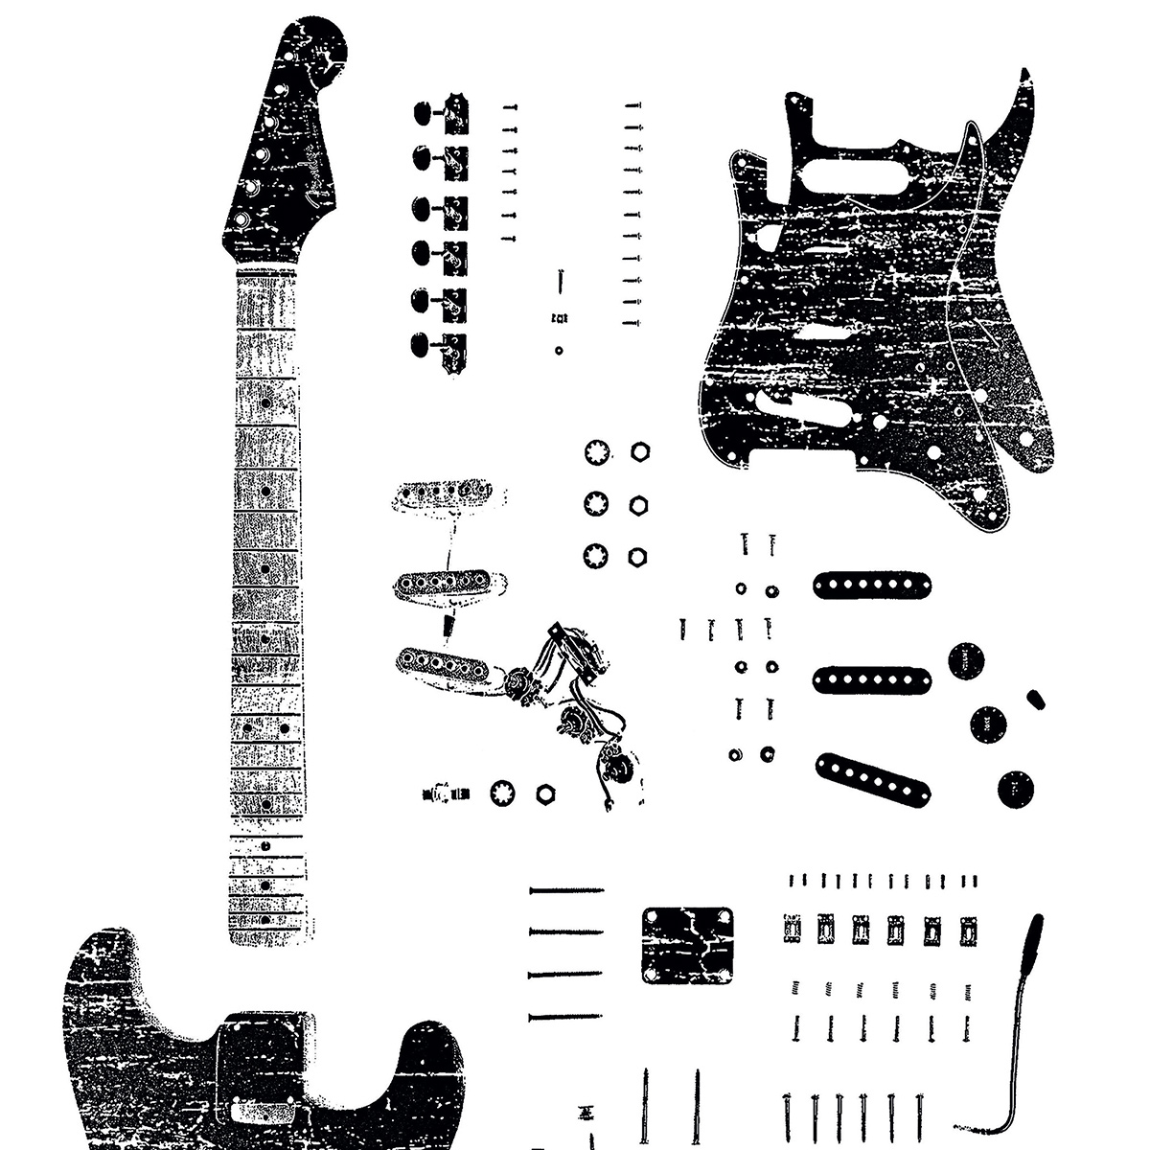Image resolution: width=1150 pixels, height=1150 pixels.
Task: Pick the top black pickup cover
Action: pyautogui.click(x=872, y=585)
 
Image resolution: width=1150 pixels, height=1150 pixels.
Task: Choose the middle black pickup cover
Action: pyautogui.click(x=872, y=678)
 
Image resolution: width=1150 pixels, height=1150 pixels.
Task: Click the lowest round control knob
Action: pyautogui.click(x=1015, y=789)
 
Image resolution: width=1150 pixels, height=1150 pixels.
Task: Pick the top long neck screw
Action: pyautogui.click(x=566, y=890)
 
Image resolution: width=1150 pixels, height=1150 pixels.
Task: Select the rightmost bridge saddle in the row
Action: pyautogui.click(x=968, y=928)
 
